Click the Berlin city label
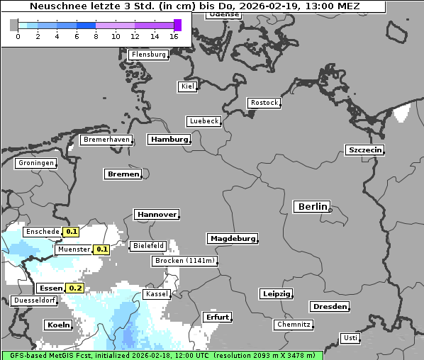pos(312,207)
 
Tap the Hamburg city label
pos(169,140)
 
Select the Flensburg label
pos(148,55)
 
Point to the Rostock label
pos(264,103)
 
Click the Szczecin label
pos(364,150)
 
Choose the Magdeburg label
pos(232,239)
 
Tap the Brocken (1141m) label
pos(184,261)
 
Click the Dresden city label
pos(328,307)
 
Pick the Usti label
pos(350,338)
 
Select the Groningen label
pos(35,163)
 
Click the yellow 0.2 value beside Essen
pos(74,288)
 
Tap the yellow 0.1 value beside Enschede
pos(71,232)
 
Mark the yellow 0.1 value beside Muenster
pos(101,249)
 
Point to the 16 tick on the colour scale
pos(174,36)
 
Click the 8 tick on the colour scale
pos(96,36)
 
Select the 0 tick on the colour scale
pos(18,36)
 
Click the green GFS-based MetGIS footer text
pos(162,355)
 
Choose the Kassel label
pos(157,294)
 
